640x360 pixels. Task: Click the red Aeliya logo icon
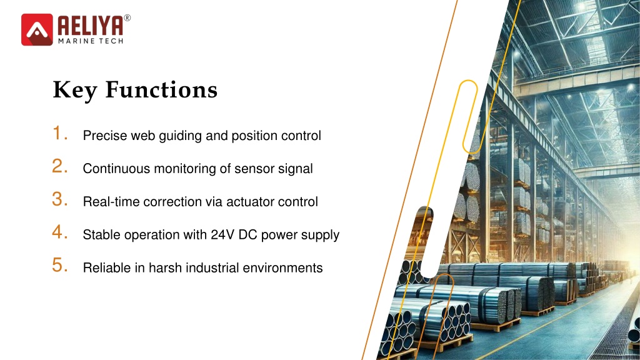click(37, 29)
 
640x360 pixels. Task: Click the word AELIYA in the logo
click(90, 26)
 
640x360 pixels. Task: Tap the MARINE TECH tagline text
click(91, 41)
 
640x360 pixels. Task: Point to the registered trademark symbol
click(127, 18)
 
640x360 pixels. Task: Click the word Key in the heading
click(75, 91)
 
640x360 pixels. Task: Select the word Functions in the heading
click(162, 89)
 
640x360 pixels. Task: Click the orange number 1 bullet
click(60, 133)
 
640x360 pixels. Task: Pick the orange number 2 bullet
click(60, 166)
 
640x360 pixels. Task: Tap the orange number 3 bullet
click(60, 199)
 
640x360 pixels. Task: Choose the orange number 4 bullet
click(60, 232)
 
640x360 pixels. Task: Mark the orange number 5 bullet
click(60, 265)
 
